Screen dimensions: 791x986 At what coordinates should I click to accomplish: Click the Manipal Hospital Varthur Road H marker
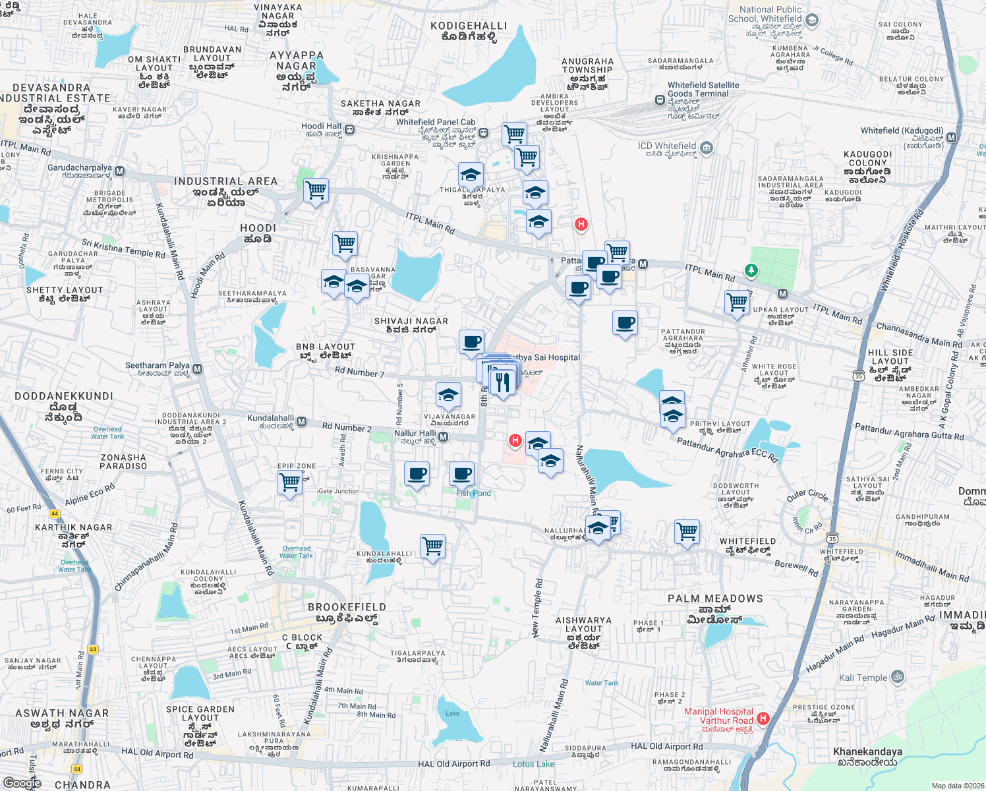point(763,718)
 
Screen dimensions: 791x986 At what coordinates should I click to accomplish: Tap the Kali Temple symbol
point(897,677)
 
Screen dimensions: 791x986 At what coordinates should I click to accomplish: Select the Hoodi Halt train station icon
point(350,130)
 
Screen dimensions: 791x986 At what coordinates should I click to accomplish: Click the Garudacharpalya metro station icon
point(119,171)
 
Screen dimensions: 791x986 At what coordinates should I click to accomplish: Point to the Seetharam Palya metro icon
point(198,369)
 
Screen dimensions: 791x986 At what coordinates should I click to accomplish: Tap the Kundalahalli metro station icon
point(301,421)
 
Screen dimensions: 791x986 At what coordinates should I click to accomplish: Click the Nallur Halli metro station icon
point(444,436)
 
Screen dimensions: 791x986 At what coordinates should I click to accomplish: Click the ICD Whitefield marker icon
point(707,147)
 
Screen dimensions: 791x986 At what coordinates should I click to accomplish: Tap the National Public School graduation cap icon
point(812,20)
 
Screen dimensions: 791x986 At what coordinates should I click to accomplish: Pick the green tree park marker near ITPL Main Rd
point(751,270)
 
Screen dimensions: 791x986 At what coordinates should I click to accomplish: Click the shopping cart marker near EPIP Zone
point(290,483)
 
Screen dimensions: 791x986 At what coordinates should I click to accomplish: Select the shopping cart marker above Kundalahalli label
point(433,546)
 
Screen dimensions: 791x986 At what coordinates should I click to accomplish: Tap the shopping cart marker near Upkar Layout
point(738,303)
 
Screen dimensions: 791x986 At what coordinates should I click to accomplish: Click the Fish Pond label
point(473,493)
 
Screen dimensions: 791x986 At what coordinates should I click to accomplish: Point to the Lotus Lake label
point(533,764)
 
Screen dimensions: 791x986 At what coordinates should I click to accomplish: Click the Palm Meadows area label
point(715,599)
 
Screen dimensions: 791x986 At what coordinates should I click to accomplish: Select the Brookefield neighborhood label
point(347,607)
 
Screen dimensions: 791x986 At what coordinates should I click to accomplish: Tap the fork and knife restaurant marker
point(503,382)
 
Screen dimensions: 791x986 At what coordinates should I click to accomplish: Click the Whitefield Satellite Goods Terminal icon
point(660,100)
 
